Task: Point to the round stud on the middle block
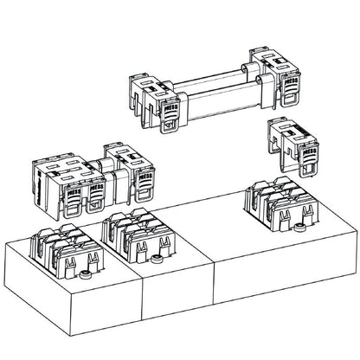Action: [157, 257]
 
